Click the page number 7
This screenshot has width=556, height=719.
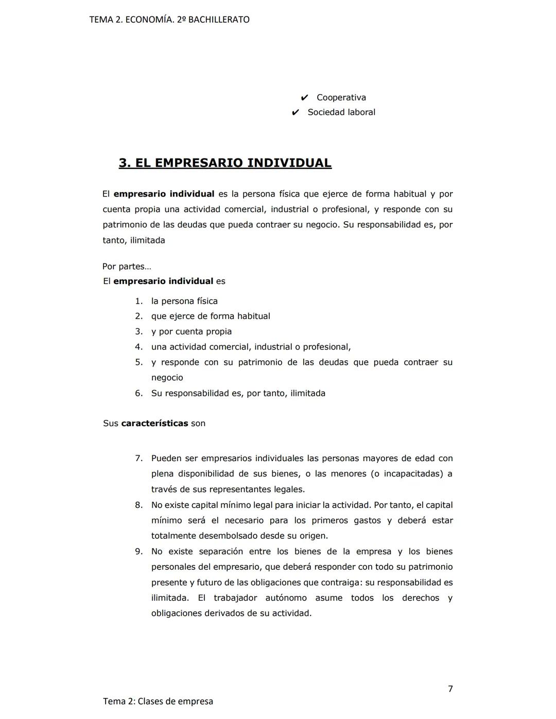coord(450,689)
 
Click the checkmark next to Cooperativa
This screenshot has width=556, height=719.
coord(304,97)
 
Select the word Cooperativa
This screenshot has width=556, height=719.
coord(341,97)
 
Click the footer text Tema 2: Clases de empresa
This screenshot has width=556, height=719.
coord(158,701)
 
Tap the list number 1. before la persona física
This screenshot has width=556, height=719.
coord(138,301)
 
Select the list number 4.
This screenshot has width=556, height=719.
coord(138,347)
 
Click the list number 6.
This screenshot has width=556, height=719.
coord(138,393)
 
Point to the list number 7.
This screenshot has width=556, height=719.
coord(138,458)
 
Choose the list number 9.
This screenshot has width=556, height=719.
coord(138,551)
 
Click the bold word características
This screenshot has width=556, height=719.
coord(154,423)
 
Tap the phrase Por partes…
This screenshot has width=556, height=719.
coord(127,267)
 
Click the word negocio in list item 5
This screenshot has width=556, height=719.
coord(167,377)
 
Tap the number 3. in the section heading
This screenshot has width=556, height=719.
coord(124,163)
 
